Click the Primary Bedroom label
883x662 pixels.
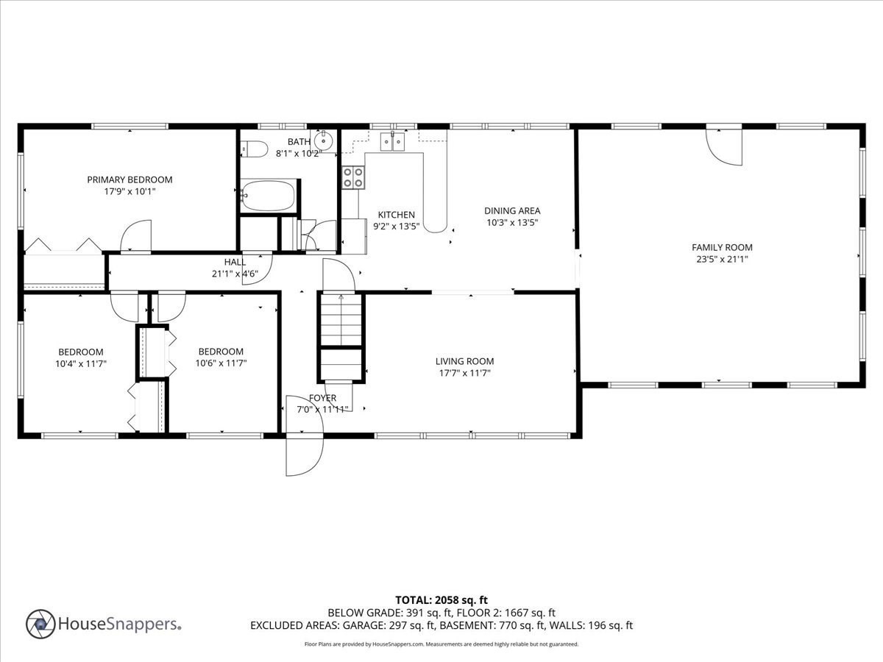pos(130,179)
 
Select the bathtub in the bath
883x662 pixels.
pos(268,196)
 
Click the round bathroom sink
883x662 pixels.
pos(323,140)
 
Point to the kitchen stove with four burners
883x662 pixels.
pos(353,177)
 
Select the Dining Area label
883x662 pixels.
pos(512,211)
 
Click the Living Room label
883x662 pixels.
pos(464,361)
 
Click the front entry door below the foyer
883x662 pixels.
pos(304,454)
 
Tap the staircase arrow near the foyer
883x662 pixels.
pos(341,298)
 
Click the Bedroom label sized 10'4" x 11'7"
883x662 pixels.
pos(81,352)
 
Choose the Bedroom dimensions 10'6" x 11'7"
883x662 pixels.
pos(220,363)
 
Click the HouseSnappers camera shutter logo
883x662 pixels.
pos(40,624)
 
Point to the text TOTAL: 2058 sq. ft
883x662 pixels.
pos(441,600)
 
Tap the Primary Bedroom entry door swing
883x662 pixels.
pos(136,237)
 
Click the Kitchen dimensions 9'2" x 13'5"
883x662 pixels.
pos(397,227)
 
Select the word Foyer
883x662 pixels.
pos(322,398)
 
